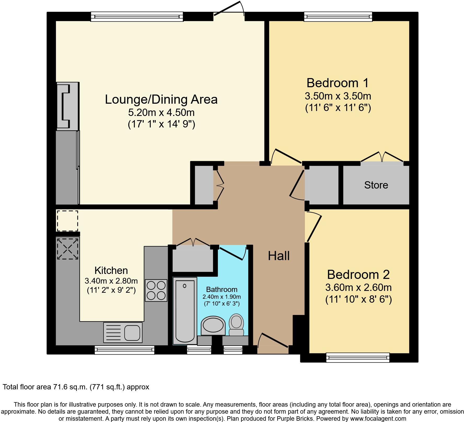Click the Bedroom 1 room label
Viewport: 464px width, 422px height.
(338, 83)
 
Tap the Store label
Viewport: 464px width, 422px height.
(376, 185)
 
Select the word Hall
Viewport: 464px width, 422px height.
(279, 256)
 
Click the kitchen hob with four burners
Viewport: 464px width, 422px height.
(156, 290)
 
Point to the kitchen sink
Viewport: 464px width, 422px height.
(123, 332)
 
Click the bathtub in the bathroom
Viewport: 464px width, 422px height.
(185, 310)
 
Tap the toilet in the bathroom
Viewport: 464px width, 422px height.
(236, 325)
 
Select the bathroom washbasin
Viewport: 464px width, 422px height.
(213, 326)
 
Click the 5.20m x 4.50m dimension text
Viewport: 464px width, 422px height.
(161, 113)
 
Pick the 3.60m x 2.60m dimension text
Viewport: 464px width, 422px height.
(358, 288)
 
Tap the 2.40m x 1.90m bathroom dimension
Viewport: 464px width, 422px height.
(222, 297)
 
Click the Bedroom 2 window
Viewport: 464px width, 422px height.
(358, 357)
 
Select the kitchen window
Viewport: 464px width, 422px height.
(124, 350)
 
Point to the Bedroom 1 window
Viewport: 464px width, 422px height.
(338, 16)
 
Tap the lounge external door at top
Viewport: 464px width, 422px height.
(229, 10)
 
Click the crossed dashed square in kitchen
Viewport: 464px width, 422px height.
(67, 249)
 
